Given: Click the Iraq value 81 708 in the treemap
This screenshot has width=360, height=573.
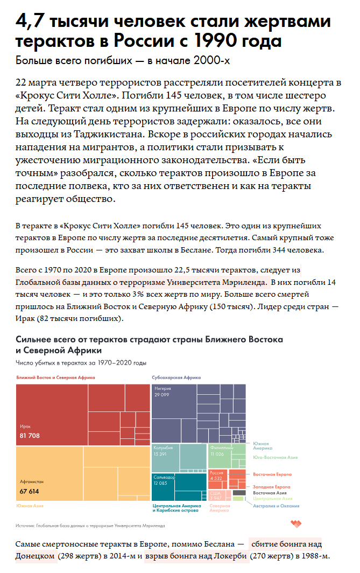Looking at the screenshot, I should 30,435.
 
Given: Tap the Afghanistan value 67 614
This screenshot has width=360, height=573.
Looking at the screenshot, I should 30,491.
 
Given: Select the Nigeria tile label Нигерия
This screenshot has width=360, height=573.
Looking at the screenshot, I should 163,388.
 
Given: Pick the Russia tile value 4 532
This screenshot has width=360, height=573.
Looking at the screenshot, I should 216,478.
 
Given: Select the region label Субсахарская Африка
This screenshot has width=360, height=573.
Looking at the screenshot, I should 176,378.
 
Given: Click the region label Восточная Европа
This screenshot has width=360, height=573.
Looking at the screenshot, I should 272,474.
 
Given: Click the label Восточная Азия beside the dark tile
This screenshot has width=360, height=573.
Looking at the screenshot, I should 270,493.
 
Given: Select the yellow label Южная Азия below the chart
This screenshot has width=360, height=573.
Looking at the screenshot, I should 30,506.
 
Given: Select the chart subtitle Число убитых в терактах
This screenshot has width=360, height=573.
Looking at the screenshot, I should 73,363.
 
